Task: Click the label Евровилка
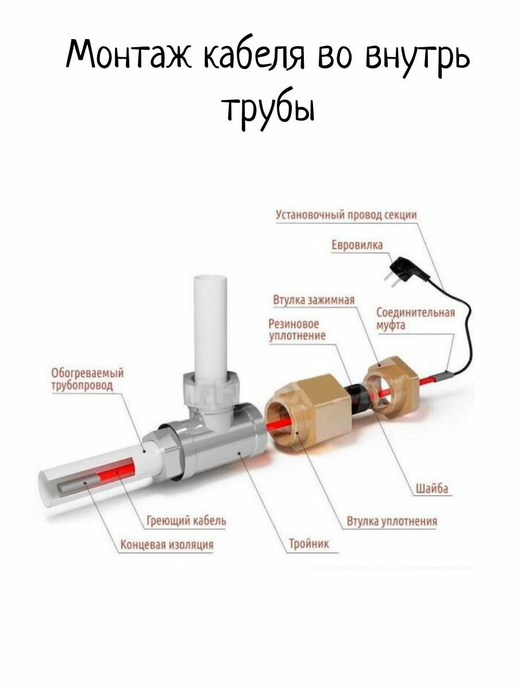coord(357,246)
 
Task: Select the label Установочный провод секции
coord(346,216)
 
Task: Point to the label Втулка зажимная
coord(314,301)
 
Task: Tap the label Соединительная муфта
coord(415,319)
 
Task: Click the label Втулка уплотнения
coord(392,522)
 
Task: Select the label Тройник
coord(310,544)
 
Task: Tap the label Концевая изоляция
coord(167,544)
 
